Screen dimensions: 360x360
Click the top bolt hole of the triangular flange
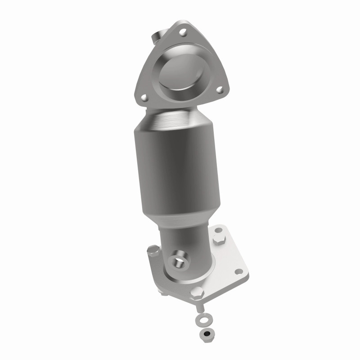[183, 32]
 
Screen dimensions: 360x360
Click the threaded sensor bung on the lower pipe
[180, 258]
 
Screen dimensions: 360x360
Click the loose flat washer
[201, 322]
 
